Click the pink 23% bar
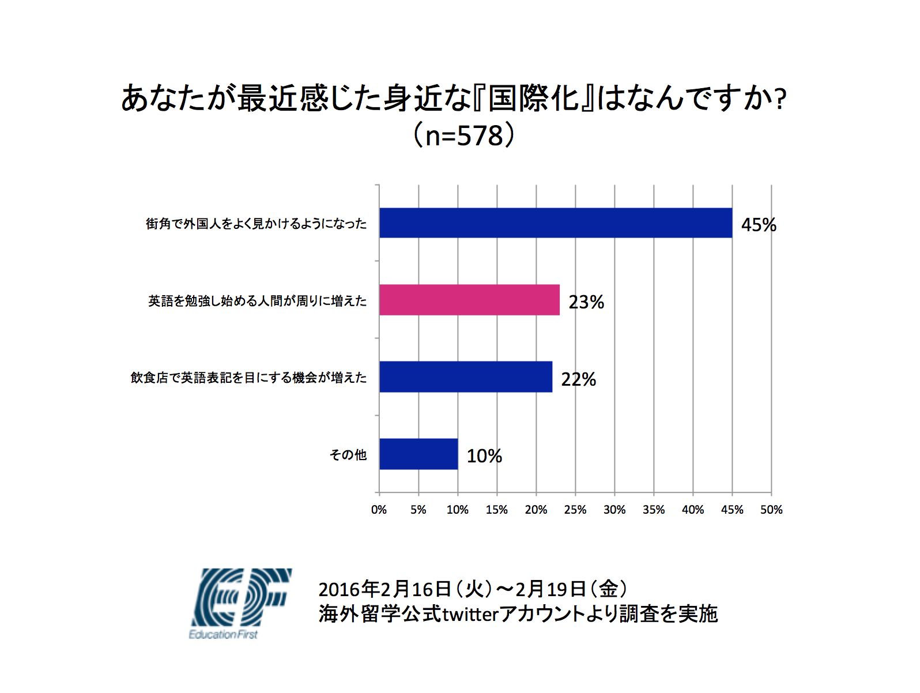469,300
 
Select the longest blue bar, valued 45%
556,223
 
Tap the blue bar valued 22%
466,376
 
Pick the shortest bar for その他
418,454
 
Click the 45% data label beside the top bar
759,225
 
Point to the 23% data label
586,302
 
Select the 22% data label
579,379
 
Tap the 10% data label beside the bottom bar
484,456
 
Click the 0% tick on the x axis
379,510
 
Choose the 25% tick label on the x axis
575,510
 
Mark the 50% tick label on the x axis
771,510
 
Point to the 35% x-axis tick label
654,510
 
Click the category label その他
348,455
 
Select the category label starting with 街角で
256,224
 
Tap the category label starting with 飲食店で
248,378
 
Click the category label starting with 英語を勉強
257,301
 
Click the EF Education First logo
240,603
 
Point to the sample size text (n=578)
463,135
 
